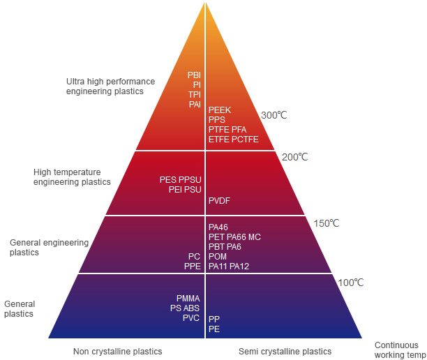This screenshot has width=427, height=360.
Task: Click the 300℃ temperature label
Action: pyautogui.click(x=274, y=115)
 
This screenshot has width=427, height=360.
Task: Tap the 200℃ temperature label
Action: pyautogui.click(x=295, y=157)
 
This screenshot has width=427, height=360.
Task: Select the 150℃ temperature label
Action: pyautogui.click(x=327, y=223)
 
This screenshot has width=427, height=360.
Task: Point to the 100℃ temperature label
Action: pyautogui.click(x=351, y=283)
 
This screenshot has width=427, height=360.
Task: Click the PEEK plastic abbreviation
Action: pyautogui.click(x=220, y=110)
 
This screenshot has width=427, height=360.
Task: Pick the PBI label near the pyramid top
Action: pyautogui.click(x=194, y=75)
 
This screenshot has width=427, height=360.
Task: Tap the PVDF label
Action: pyautogui.click(x=219, y=201)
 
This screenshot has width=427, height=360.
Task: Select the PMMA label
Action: pyautogui.click(x=188, y=299)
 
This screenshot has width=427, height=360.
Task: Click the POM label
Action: pyautogui.click(x=218, y=257)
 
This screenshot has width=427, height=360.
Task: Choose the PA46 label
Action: pyautogui.click(x=218, y=227)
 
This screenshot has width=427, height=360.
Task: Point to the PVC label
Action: pyautogui.click(x=191, y=318)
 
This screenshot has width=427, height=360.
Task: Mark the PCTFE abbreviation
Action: pyautogui.click(x=245, y=140)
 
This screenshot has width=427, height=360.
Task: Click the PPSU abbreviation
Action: pyautogui.click(x=190, y=180)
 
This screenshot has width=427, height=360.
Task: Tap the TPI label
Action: pyautogui.click(x=195, y=95)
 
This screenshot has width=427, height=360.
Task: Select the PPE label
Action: pyautogui.click(x=193, y=267)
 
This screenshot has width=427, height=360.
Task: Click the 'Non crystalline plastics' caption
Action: pyautogui.click(x=118, y=352)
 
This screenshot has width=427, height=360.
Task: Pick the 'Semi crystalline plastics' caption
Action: pyautogui.click(x=285, y=352)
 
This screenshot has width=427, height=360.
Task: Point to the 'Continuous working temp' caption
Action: pyautogui.click(x=400, y=350)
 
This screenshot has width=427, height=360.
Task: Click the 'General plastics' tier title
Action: pyautogui.click(x=20, y=309)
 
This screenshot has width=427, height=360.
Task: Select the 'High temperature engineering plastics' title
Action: pyautogui.click(x=72, y=177)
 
